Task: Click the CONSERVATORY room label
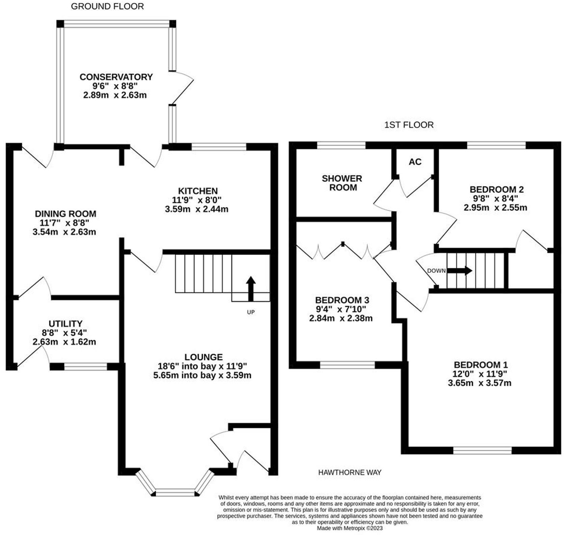click(x=116, y=77)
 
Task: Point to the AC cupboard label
click(x=415, y=162)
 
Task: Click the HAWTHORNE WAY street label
click(x=350, y=472)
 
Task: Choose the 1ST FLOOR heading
click(x=409, y=125)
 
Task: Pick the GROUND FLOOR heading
click(x=107, y=6)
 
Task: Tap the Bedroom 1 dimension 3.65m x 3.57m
click(x=480, y=383)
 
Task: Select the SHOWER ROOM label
click(x=342, y=183)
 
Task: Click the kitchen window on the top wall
click(x=219, y=147)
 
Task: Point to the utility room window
click(x=85, y=366)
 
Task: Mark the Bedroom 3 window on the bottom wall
click(x=347, y=365)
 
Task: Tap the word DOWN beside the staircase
click(x=436, y=271)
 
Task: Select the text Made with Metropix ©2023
click(x=350, y=528)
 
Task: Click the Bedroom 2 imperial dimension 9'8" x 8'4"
click(x=495, y=198)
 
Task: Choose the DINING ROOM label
click(x=66, y=214)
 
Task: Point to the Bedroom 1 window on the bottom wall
click(x=482, y=450)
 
